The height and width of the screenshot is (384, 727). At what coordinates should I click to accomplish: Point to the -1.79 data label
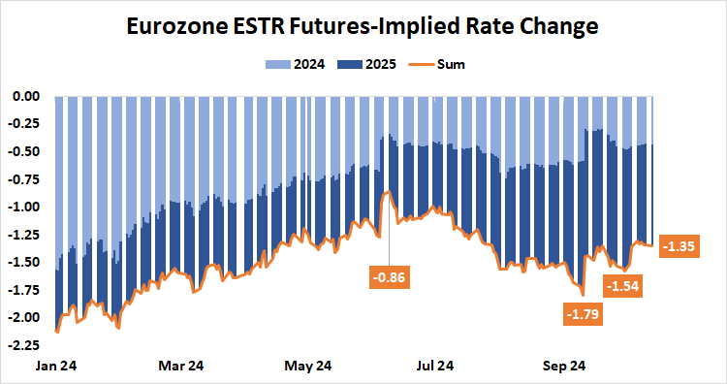[584, 313]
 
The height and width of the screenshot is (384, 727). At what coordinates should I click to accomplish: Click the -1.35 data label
[680, 246]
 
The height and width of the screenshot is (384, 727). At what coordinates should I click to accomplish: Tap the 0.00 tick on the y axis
[24, 96]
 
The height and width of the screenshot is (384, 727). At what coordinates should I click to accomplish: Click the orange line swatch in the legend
[418, 65]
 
